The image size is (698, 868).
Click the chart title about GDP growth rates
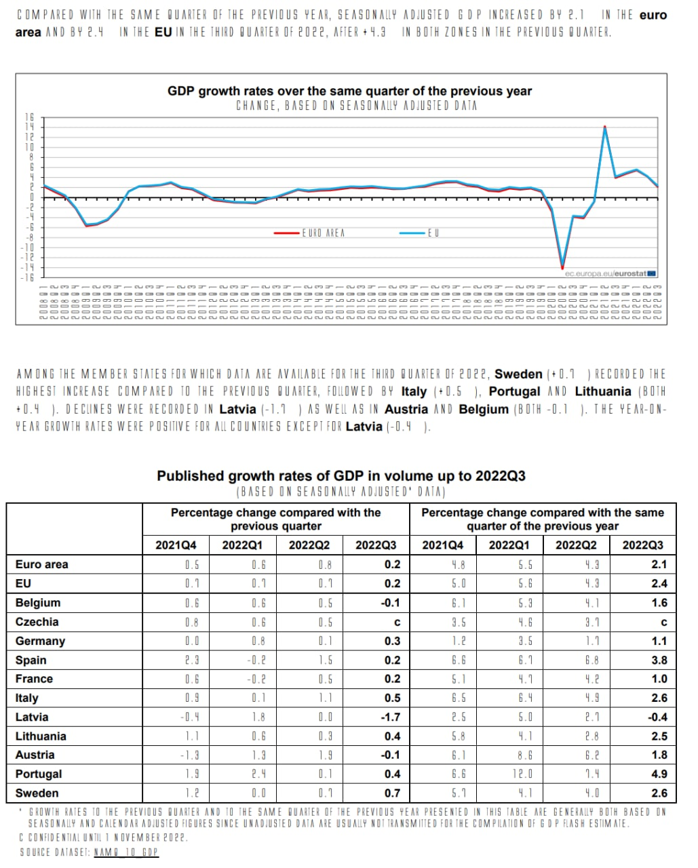[x=349, y=91]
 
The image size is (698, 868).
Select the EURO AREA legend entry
[x=323, y=233]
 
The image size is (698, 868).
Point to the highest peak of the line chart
[x=604, y=127]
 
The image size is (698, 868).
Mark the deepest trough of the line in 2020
[x=562, y=267]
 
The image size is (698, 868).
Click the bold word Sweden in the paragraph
[x=518, y=374]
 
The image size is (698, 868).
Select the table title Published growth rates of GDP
[x=341, y=476]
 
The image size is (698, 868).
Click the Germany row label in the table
[x=40, y=641]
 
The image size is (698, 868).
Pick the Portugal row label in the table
[x=39, y=774]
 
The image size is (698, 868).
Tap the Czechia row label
[x=37, y=622]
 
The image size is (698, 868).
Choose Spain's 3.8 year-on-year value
[x=659, y=660]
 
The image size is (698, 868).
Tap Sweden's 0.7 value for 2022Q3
[x=392, y=793]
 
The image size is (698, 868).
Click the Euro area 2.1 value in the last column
[x=659, y=564]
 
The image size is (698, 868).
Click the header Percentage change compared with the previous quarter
[x=275, y=519]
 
